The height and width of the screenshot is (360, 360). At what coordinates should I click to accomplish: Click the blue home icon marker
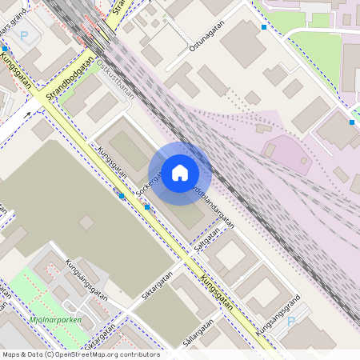tap(180, 173)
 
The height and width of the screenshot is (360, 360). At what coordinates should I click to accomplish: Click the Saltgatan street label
tap(206, 239)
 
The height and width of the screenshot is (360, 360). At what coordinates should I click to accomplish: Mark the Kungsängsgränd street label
tap(278, 314)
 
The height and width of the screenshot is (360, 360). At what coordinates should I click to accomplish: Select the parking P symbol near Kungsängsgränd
tap(291, 321)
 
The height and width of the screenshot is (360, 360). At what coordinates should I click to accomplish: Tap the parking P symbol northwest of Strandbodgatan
tap(24, 35)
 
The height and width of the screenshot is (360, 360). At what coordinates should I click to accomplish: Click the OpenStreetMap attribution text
tap(80, 354)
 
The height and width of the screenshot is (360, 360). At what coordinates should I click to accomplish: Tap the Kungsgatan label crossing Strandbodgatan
tap(14, 66)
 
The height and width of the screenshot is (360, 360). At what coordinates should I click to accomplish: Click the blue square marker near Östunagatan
tap(264, 27)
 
